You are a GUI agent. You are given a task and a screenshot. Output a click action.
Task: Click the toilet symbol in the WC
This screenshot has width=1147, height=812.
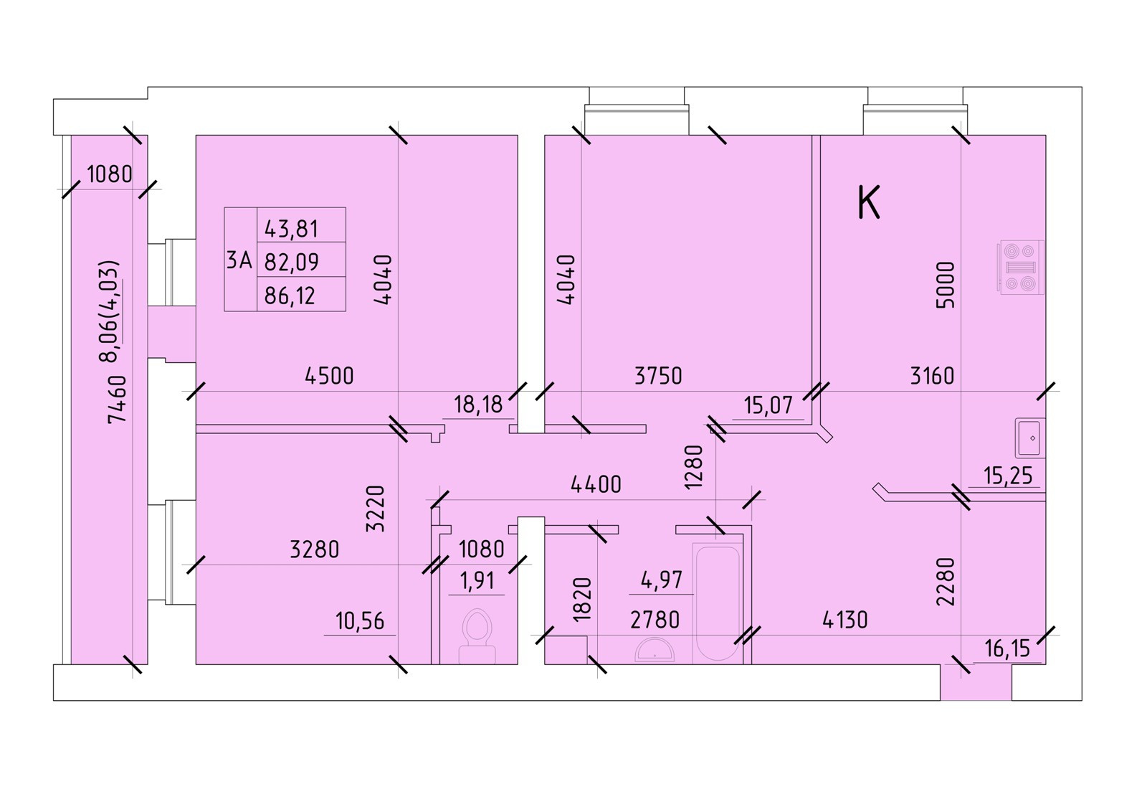(477, 636)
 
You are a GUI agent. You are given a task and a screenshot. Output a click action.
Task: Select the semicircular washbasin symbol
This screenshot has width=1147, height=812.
(654, 651)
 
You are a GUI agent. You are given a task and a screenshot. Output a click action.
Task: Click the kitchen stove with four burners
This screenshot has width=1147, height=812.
(1020, 268)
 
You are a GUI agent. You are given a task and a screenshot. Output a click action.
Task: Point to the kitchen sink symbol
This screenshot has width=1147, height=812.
(1030, 438)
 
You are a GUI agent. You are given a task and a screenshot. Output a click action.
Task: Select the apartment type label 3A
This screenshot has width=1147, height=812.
(239, 260)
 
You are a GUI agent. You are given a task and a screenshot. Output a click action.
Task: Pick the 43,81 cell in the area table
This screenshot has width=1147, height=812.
(291, 229)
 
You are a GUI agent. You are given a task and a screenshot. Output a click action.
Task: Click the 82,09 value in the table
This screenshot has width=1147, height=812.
(291, 262)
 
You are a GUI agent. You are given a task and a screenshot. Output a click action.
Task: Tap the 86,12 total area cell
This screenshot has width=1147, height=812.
(290, 295)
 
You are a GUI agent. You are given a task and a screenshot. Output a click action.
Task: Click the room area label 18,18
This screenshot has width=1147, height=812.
(478, 405)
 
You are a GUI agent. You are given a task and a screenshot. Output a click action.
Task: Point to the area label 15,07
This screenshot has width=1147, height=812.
(768, 406)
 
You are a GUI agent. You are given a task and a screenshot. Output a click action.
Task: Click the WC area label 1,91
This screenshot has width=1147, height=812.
(477, 580)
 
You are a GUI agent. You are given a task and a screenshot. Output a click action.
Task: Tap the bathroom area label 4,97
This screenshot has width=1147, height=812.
(661, 580)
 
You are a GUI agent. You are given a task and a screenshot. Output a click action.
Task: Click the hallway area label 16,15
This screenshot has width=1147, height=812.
(1007, 649)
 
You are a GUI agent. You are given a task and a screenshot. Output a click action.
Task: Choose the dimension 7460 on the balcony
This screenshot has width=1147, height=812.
(117, 399)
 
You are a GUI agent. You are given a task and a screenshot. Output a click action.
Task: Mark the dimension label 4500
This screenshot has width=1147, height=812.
(329, 376)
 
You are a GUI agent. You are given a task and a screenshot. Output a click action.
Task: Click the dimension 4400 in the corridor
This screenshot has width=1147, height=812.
(596, 485)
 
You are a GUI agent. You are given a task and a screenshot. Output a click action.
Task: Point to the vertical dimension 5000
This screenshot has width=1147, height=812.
(946, 285)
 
